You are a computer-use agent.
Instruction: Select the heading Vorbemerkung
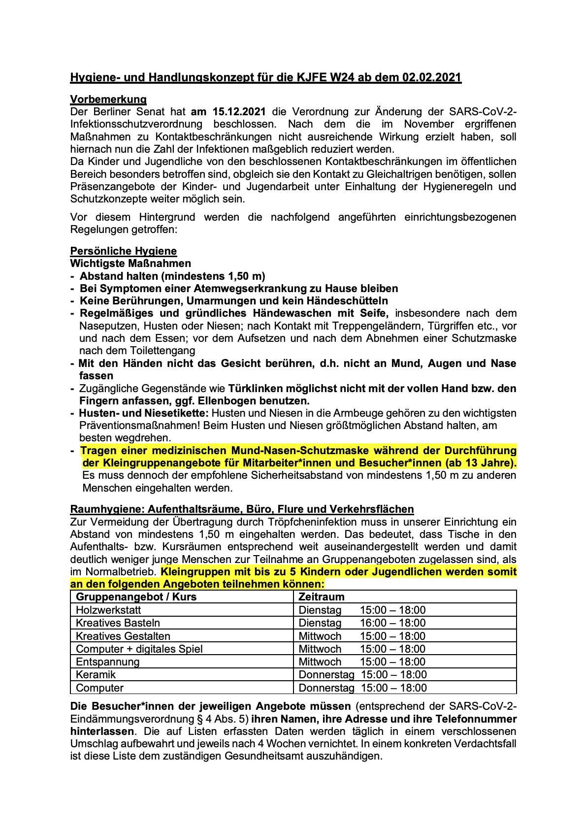pos(108,99)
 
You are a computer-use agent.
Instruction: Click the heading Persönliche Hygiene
pos(124,251)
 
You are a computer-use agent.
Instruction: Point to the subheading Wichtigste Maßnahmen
pos(130,264)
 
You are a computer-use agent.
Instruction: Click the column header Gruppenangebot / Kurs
pos(136,597)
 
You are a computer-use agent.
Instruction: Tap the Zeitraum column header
pos(322,597)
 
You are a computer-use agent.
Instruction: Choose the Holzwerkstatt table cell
pos(108,610)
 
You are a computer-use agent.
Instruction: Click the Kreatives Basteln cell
pos(118,623)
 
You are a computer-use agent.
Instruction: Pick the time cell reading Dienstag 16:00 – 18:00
pos(362,623)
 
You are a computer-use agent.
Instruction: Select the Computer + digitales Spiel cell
pos(139,649)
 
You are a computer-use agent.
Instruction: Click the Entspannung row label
pos(108,662)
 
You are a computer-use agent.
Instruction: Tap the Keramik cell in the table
pos(96,675)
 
